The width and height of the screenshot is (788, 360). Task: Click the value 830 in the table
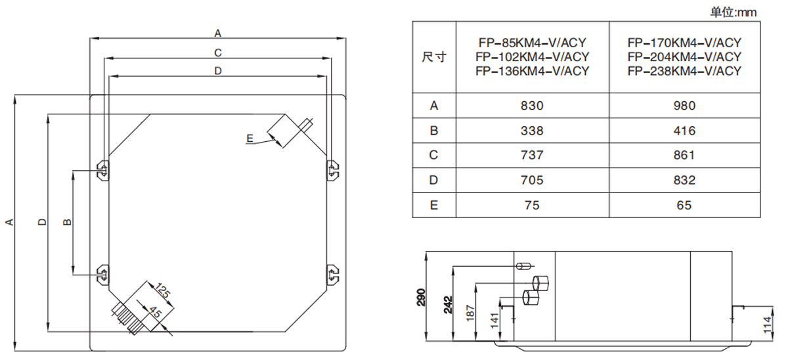532,106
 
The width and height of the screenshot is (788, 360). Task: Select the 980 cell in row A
684,106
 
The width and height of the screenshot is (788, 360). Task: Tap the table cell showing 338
532,131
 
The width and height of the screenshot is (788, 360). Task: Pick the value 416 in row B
684,131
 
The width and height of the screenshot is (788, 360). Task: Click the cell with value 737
532,156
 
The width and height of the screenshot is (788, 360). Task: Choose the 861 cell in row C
684,156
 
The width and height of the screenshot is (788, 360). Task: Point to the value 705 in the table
532,181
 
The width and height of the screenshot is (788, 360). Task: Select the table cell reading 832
684,181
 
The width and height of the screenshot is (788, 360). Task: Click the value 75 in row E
532,205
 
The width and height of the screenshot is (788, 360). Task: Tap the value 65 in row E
684,205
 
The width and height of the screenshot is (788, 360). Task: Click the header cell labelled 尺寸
433,57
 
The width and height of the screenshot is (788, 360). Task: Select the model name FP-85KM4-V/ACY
532,43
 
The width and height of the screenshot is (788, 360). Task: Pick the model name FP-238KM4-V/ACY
684,71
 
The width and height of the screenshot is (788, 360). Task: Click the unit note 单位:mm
733,12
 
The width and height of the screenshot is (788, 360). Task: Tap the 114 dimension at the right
769,325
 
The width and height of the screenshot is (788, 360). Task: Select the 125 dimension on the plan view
162,291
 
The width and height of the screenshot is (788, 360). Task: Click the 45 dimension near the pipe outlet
155,313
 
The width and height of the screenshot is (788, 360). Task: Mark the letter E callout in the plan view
250,138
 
